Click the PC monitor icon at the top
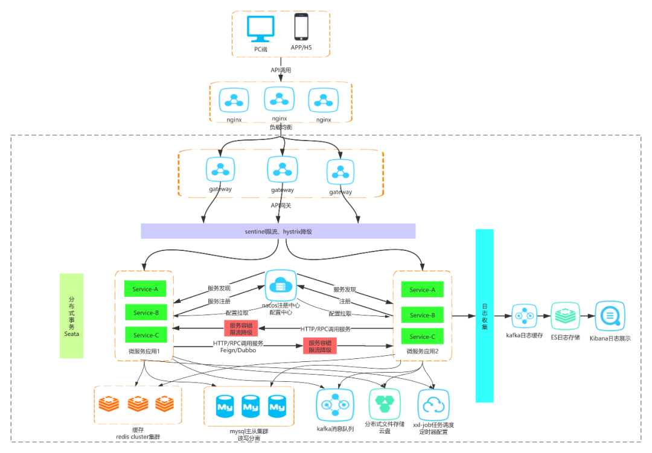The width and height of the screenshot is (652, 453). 261,30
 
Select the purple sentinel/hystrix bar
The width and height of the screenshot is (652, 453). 278,231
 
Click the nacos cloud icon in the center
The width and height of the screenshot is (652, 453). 280,285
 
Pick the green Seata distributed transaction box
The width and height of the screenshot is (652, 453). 72,315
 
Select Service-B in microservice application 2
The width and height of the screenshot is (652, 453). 422,315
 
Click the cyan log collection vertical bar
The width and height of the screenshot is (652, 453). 484,315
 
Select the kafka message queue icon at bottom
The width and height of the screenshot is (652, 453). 332,405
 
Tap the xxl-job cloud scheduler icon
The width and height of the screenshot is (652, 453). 433,405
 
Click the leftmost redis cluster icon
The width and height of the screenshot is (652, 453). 109,404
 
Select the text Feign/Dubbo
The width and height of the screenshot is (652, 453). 238,350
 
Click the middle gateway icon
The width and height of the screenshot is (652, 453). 282,170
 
